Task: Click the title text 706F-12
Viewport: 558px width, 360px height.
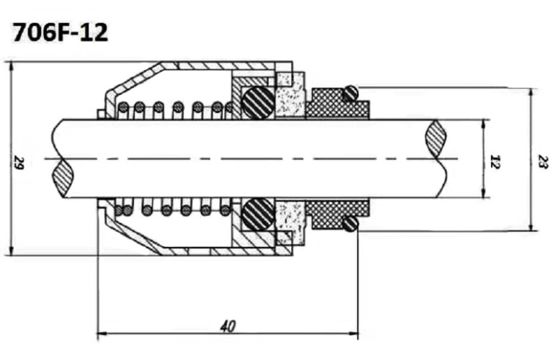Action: pyautogui.click(x=60, y=32)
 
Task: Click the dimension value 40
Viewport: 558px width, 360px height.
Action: pyautogui.click(x=228, y=326)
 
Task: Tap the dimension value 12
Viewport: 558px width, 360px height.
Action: pyautogui.click(x=494, y=160)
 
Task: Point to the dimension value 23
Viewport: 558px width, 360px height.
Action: pyautogui.click(x=542, y=160)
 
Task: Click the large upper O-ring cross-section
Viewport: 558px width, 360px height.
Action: pyautogui.click(x=257, y=102)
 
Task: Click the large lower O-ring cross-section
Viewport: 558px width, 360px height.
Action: pyautogui.click(x=257, y=215)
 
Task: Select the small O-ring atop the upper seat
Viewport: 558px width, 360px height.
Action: pyautogui.click(x=350, y=93)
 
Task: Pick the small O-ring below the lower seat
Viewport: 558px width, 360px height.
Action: pyautogui.click(x=350, y=224)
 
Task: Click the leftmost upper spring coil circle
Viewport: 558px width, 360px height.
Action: pyautogui.click(x=123, y=108)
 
